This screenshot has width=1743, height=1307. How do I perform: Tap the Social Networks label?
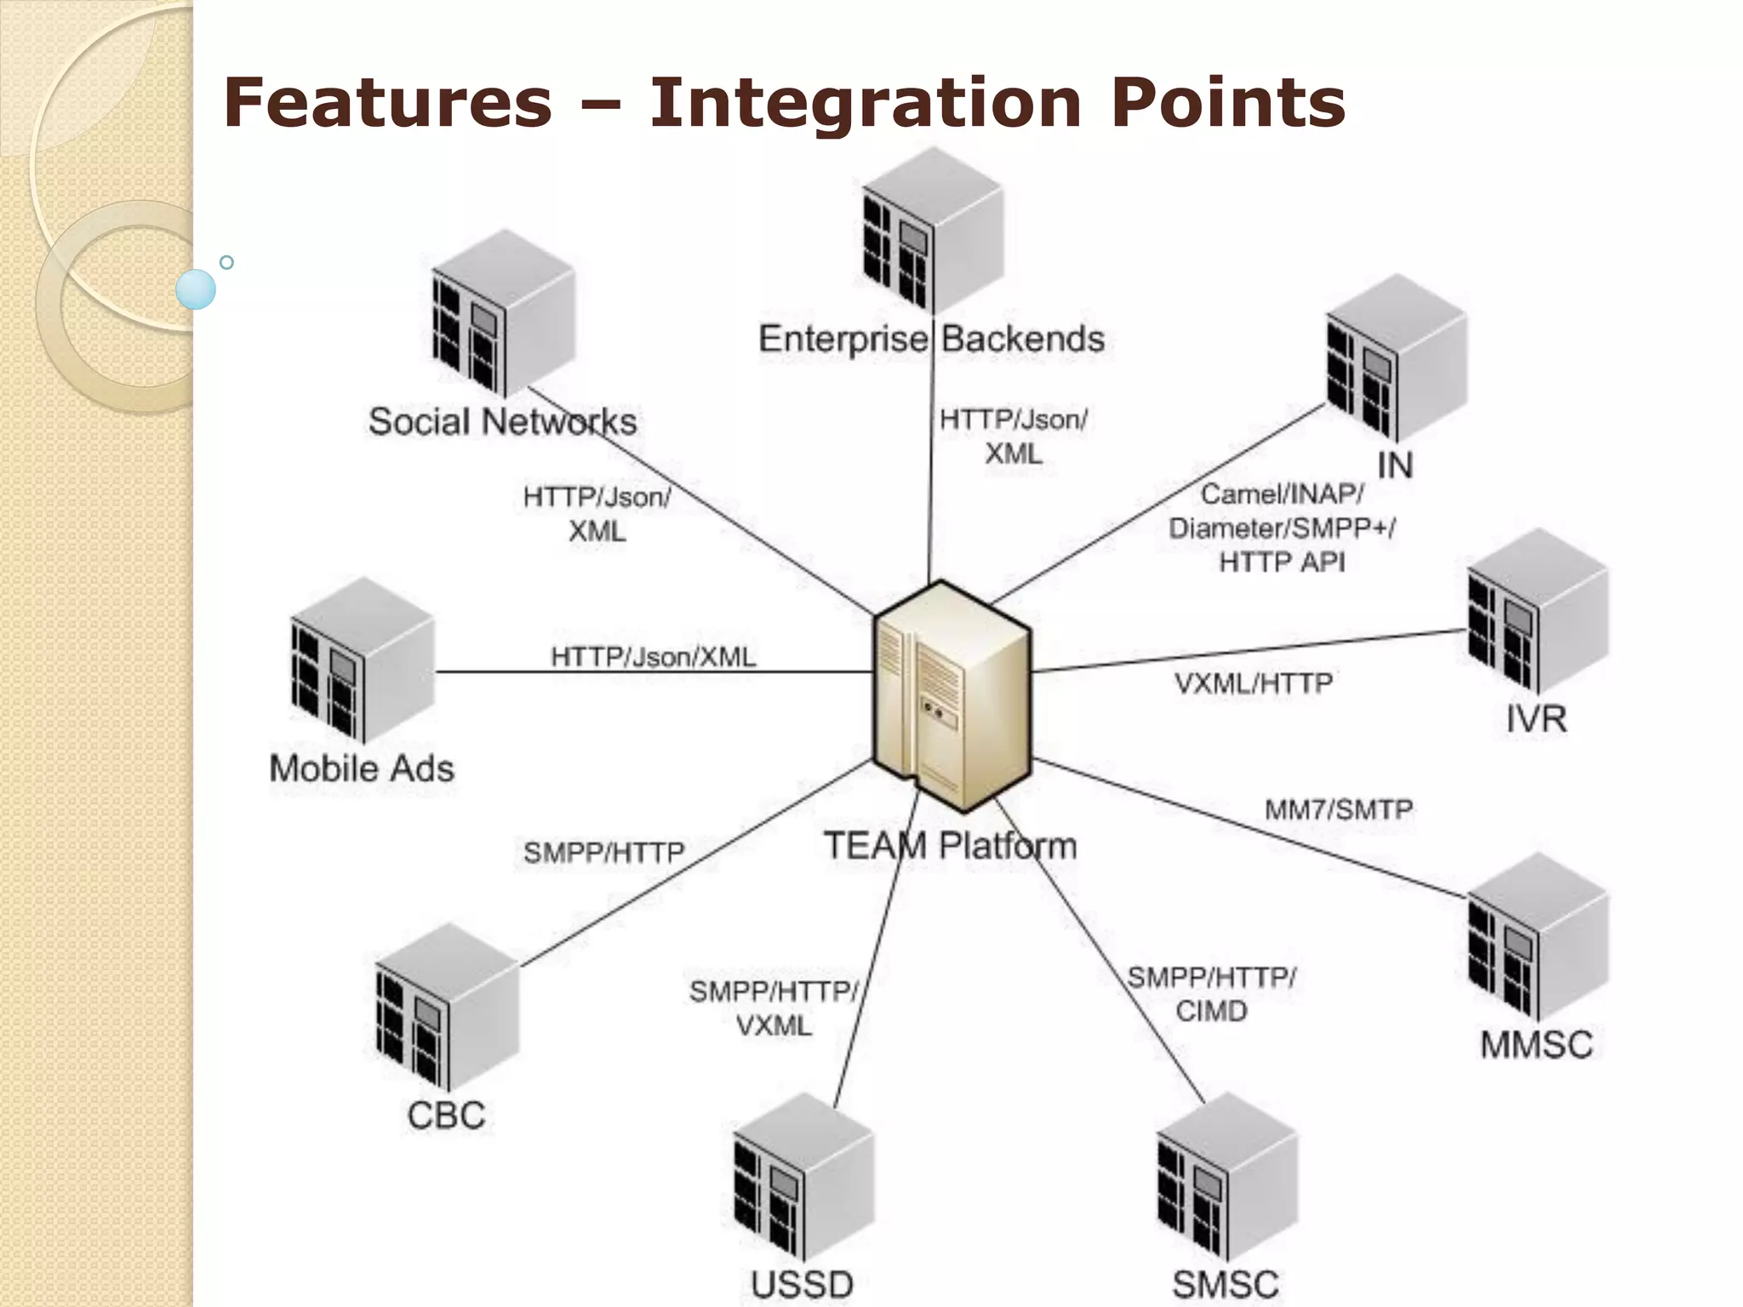(502, 422)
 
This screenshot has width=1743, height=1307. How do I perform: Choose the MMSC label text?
(1536, 1045)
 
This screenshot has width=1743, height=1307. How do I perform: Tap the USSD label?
(802, 1284)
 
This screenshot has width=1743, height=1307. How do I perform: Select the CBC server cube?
(447, 1007)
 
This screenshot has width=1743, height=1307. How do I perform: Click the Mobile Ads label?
(362, 768)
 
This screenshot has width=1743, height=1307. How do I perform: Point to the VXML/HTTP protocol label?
(1254, 683)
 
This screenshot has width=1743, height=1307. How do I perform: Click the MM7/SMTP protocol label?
(1339, 809)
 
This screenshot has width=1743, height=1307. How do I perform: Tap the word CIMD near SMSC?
(1211, 1012)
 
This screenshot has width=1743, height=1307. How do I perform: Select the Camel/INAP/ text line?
(1282, 494)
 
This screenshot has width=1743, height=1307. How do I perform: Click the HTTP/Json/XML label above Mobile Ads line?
(653, 657)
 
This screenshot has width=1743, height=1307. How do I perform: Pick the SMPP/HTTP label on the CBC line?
(603, 853)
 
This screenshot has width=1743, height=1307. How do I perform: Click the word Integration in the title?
(865, 102)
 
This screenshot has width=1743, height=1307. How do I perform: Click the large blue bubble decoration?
(196, 289)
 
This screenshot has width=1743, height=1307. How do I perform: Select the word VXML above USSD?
(774, 1026)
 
